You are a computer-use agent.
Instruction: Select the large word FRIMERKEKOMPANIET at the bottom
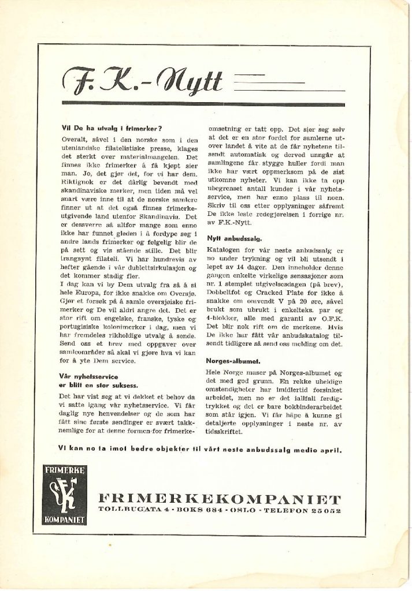220,498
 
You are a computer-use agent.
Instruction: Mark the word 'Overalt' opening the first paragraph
76,140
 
